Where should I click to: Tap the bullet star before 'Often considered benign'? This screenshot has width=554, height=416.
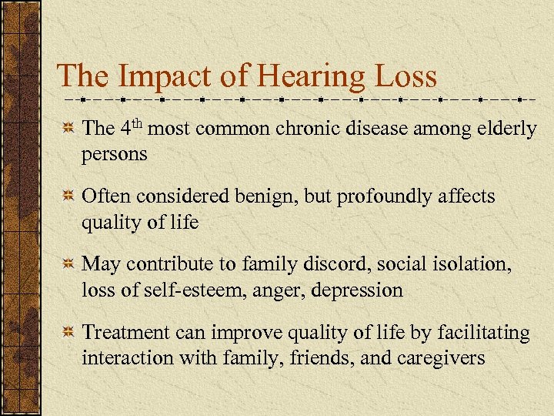pyautogui.click(x=68, y=197)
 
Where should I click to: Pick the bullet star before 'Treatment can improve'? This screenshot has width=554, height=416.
pyautogui.click(x=68, y=333)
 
